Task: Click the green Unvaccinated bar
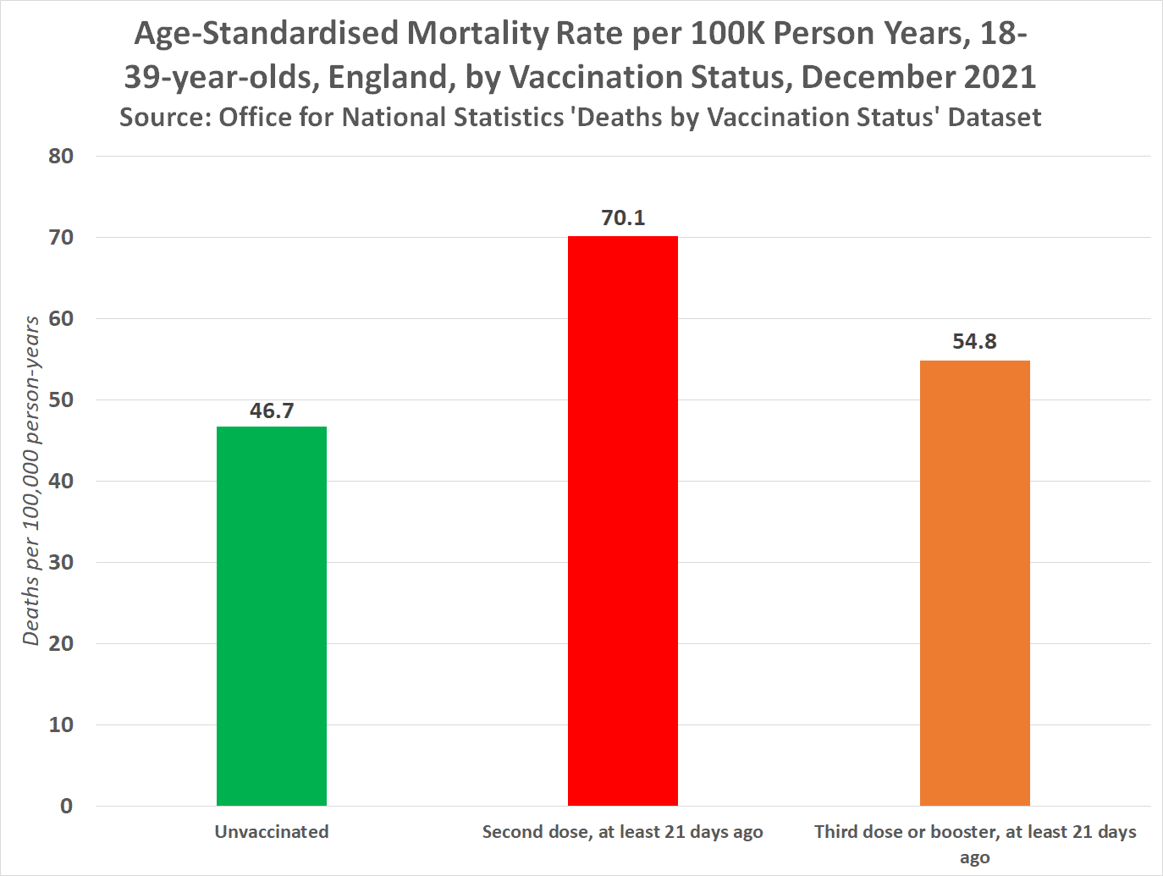point(271,616)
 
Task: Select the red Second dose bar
point(623,521)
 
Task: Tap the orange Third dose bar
point(974,583)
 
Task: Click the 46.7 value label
point(272,410)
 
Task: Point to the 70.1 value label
point(623,218)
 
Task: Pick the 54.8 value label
point(974,342)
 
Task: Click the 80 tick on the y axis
point(61,157)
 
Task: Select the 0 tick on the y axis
point(66,807)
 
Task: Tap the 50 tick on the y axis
point(61,400)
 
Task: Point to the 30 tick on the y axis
point(61,563)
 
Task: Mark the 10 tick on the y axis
point(61,725)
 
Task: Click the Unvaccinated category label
point(272,832)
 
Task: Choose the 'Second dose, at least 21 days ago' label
point(623,832)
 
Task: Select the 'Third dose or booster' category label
point(974,832)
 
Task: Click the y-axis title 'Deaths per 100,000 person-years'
point(32,481)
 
